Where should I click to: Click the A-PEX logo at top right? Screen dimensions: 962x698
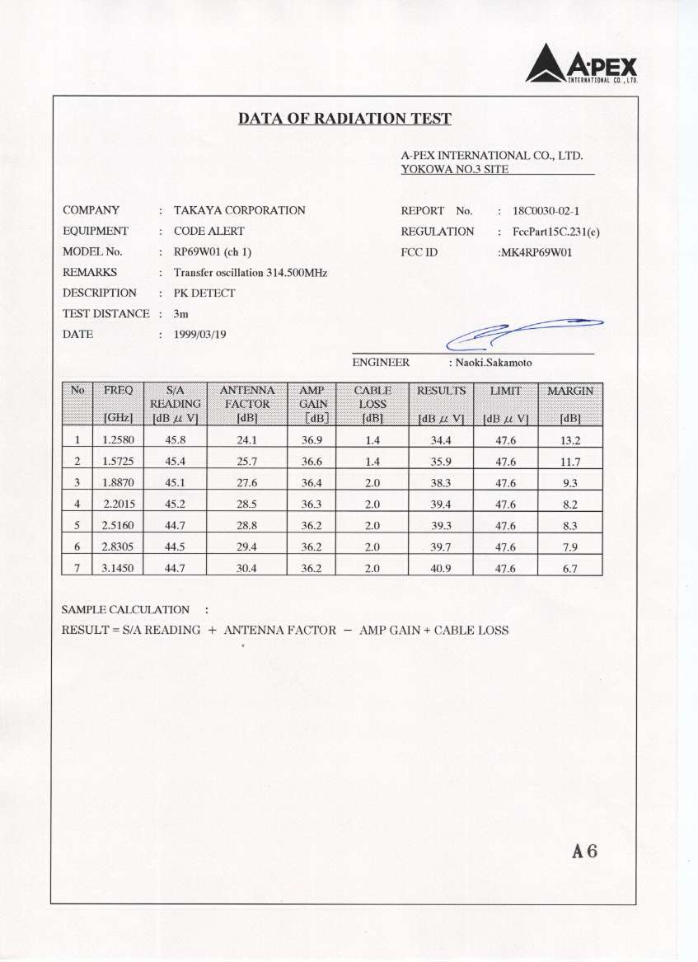coord(582,64)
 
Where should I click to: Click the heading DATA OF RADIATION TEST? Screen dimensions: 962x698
coord(344,119)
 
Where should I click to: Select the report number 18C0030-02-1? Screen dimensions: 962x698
coord(552,211)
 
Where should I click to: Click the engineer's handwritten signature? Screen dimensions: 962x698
coord(523,333)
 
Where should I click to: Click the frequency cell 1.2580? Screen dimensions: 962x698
coord(118,440)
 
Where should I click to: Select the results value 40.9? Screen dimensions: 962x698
coord(441,568)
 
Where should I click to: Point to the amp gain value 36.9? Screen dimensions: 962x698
coord(312,440)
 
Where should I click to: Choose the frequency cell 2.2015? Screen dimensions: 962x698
coord(118,504)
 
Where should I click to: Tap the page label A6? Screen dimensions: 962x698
coord(584,852)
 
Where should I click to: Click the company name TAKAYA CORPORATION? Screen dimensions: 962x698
coord(239,211)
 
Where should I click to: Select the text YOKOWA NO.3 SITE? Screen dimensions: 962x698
coord(454,170)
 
